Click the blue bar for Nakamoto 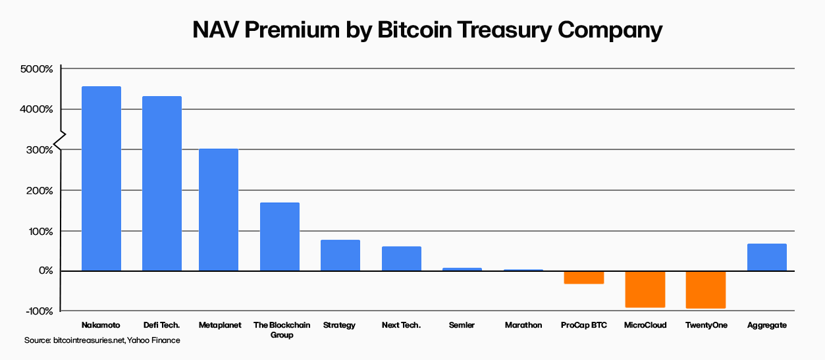[x=101, y=178]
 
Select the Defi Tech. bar [x=162, y=184]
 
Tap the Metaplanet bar [x=219, y=210]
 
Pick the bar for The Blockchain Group [x=280, y=237]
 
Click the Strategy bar [x=340, y=255]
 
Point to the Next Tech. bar [x=402, y=259]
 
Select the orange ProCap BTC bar [x=584, y=277]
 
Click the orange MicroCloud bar [x=645, y=289]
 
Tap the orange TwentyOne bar [x=706, y=290]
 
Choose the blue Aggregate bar [x=767, y=257]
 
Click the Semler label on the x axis [x=462, y=325]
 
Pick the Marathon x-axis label [x=523, y=325]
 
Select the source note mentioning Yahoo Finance [x=102, y=340]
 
